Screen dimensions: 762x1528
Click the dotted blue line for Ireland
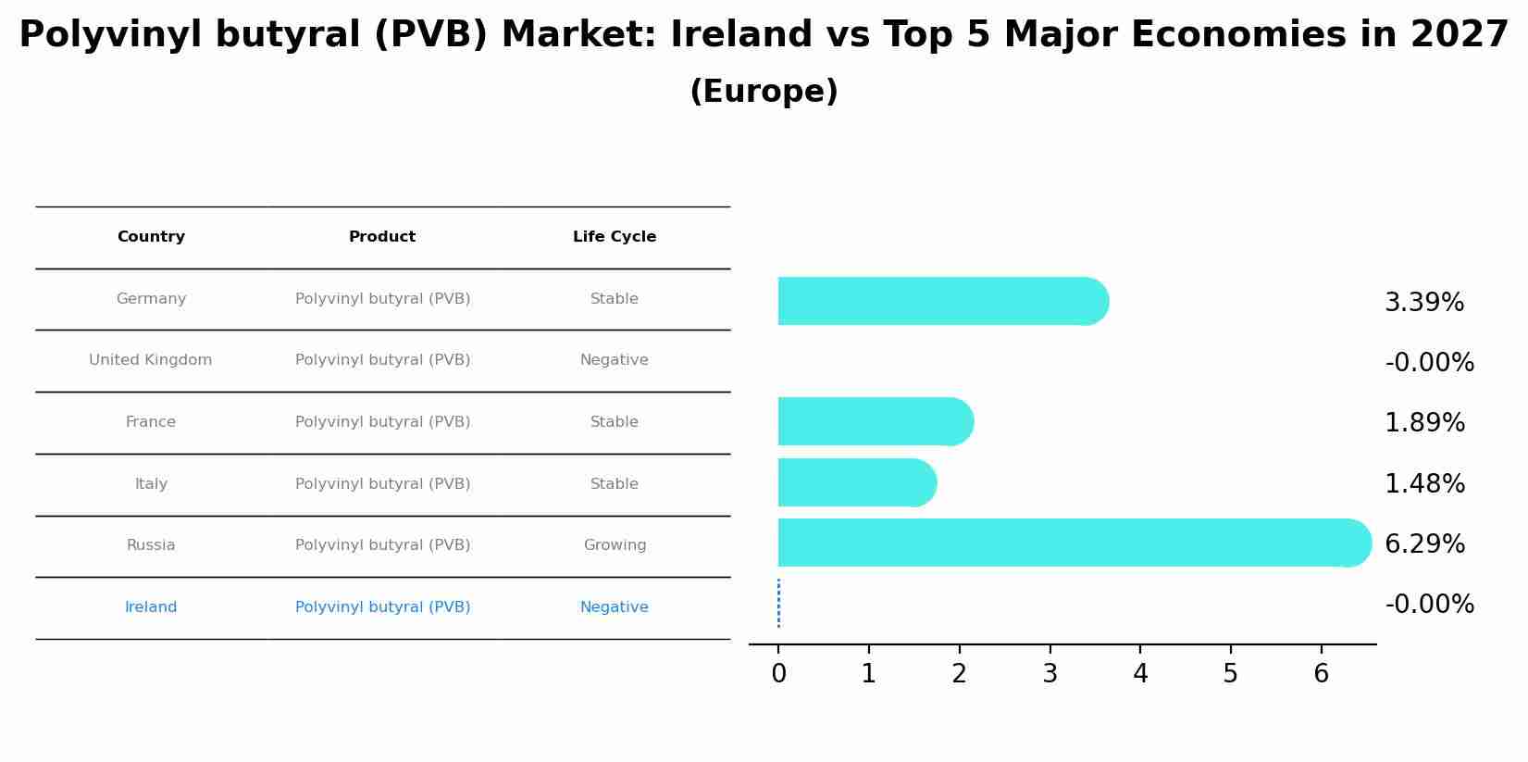pos(778,603)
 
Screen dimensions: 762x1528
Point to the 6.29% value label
pos(1423,544)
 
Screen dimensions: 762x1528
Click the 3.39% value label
pos(1423,303)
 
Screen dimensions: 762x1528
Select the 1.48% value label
pos(1423,484)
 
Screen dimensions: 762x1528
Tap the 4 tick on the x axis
pos(1139,674)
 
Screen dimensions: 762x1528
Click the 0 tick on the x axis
pos(778,674)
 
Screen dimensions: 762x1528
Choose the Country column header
pos(151,237)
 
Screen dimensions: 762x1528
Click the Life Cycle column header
pos(615,237)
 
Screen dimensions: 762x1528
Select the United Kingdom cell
pos(151,360)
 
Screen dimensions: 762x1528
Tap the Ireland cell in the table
pos(151,607)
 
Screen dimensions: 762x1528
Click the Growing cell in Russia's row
pos(615,545)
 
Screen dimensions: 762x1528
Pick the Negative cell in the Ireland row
pos(615,607)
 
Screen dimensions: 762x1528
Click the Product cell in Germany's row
pos(382,299)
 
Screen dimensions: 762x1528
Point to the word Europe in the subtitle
pos(764,92)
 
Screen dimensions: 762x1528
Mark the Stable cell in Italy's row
pos(615,484)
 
